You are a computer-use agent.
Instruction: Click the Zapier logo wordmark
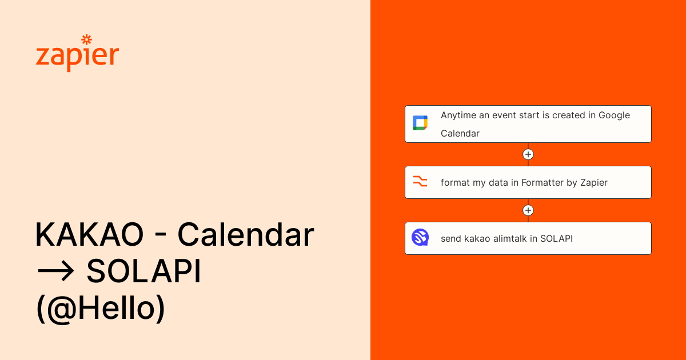[77, 54]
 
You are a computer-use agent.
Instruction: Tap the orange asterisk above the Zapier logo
[87, 39]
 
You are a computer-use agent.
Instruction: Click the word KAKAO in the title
[89, 234]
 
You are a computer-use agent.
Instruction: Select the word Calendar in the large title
[246, 234]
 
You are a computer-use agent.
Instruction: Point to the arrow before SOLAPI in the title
[55, 271]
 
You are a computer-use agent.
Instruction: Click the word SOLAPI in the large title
[143, 271]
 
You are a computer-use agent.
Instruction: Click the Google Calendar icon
[420, 123]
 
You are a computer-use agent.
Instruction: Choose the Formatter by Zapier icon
[420, 181]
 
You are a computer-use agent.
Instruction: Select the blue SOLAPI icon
[420, 237]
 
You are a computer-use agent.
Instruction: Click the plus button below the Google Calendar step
[528, 154]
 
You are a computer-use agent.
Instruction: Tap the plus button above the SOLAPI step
[528, 210]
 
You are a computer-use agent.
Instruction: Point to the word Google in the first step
[614, 115]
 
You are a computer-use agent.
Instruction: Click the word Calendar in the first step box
[460, 134]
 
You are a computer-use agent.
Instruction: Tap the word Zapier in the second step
[594, 183]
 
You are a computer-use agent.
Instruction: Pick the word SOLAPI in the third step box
[556, 238]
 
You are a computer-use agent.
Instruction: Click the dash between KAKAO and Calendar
[161, 235]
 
